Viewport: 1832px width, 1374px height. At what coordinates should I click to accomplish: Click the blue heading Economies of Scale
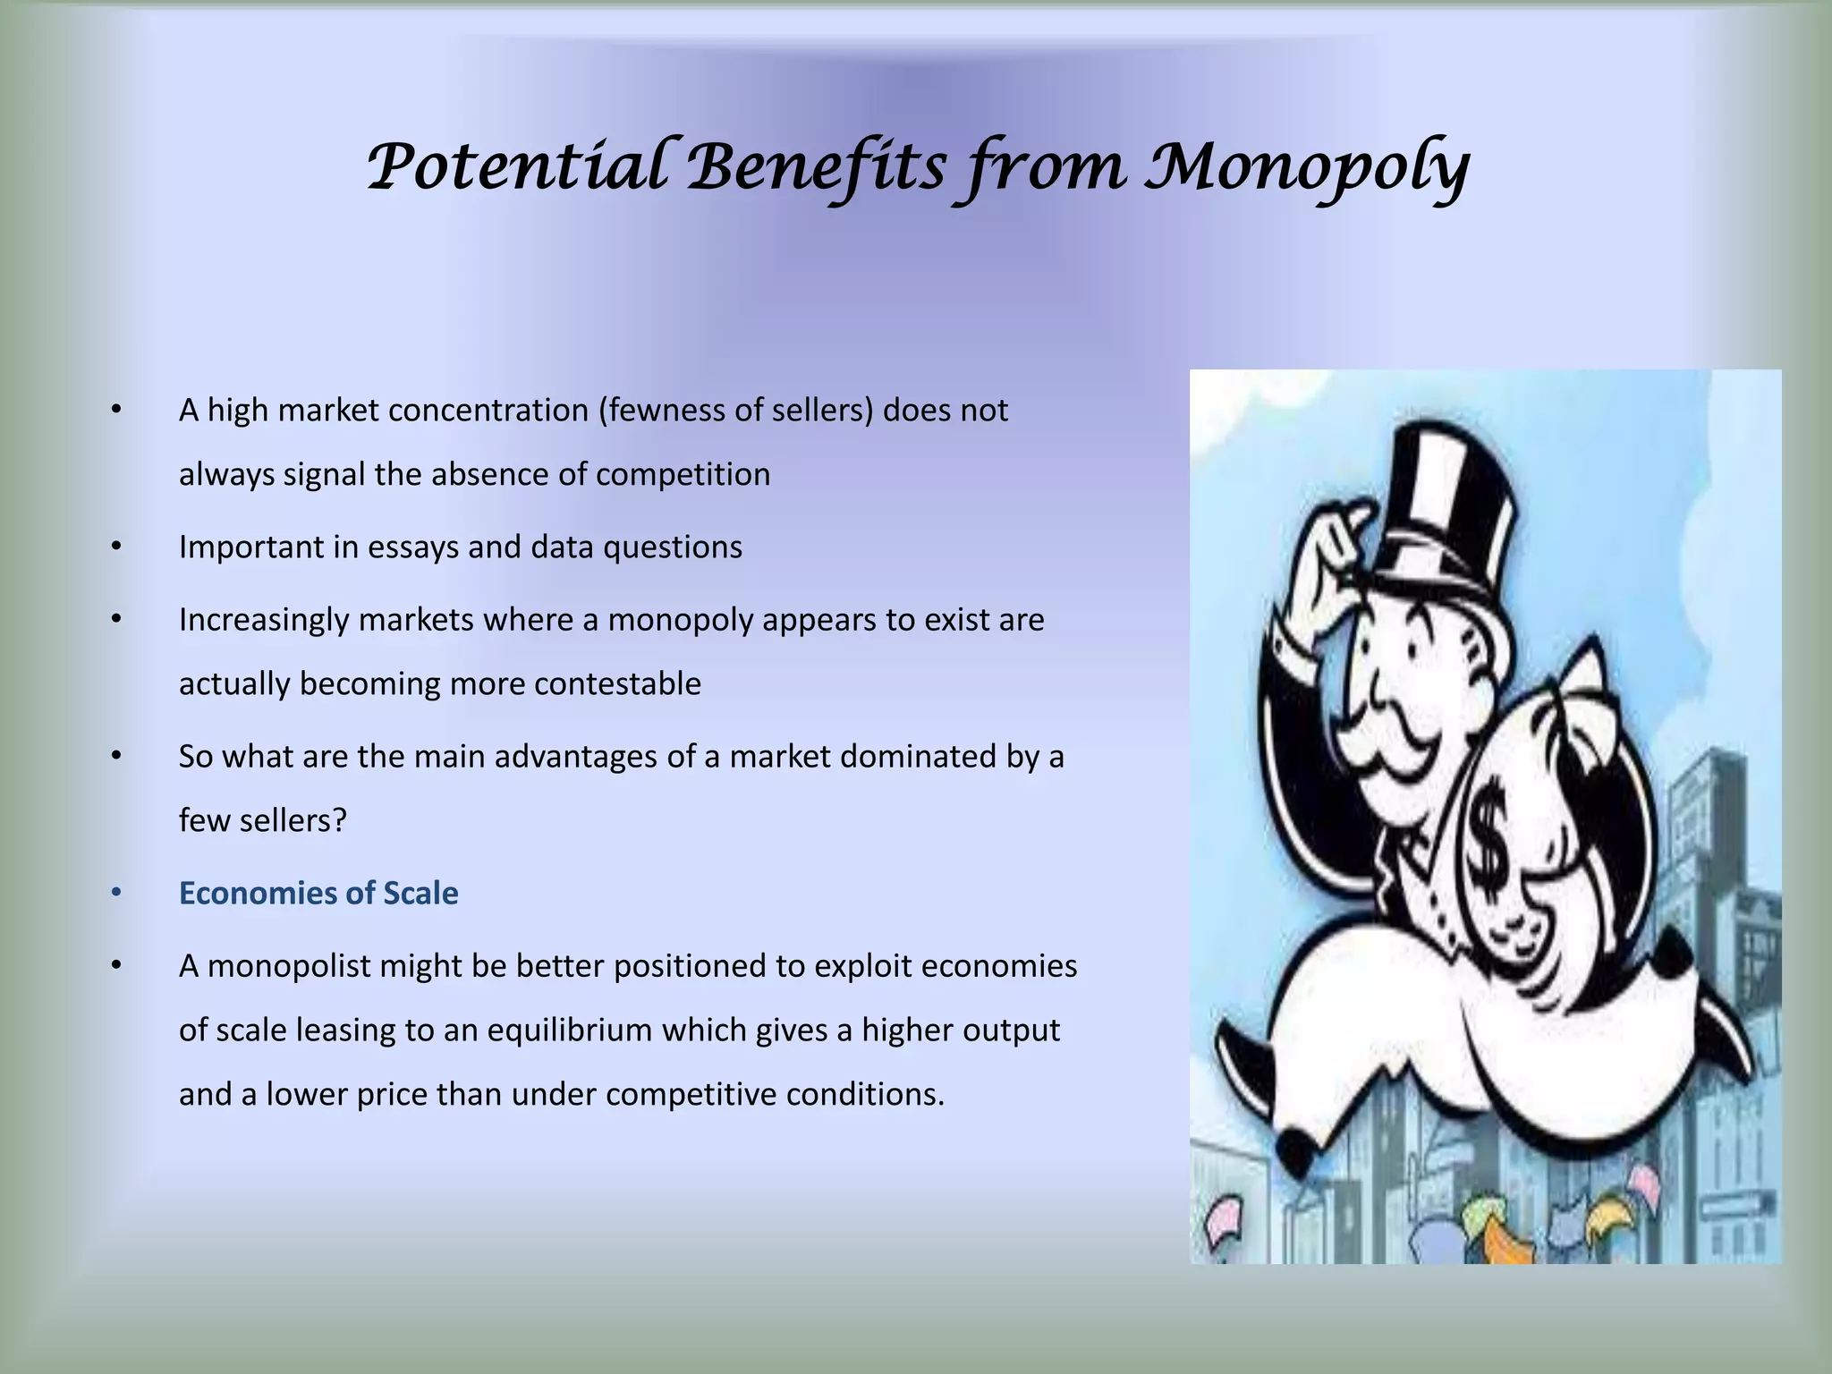click(318, 894)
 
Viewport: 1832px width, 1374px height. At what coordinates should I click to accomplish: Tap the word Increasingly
click(264, 620)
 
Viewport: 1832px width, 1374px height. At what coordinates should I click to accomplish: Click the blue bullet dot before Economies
click(115, 894)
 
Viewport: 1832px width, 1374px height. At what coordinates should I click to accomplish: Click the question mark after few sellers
click(339, 821)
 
